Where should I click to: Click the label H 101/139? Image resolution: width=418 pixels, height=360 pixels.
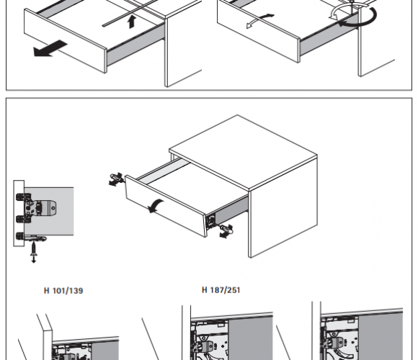63,290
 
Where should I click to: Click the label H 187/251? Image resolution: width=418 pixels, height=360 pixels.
221,290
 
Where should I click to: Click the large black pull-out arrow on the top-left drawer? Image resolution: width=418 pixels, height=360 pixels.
50,48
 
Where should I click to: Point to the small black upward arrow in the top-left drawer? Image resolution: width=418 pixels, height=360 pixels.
132,22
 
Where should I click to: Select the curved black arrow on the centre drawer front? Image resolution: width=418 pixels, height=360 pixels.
156,206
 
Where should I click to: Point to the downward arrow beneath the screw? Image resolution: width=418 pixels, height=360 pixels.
34,258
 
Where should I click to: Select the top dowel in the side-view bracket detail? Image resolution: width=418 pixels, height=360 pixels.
21,197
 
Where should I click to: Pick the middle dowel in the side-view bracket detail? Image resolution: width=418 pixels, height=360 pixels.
21,219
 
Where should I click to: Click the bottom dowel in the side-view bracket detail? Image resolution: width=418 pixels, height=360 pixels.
21,236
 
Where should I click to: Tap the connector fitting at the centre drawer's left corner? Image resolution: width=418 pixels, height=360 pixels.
116,179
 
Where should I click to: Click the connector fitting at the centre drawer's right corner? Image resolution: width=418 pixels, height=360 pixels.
226,230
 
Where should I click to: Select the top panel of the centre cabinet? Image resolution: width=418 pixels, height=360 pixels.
243,152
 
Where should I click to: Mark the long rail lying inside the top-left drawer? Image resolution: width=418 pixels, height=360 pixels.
130,12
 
